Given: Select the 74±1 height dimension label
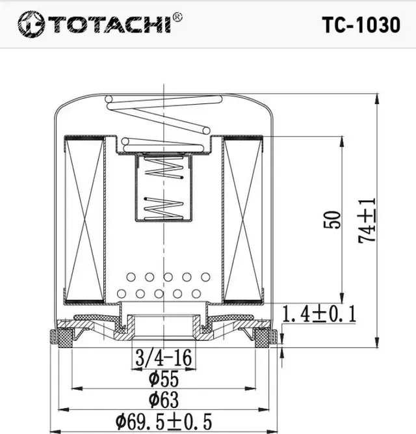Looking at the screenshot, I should [368, 221].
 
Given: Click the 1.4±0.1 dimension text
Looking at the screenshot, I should [319, 315].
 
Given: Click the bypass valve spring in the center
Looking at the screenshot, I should [163, 189].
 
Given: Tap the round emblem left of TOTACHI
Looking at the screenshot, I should [31, 25].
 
